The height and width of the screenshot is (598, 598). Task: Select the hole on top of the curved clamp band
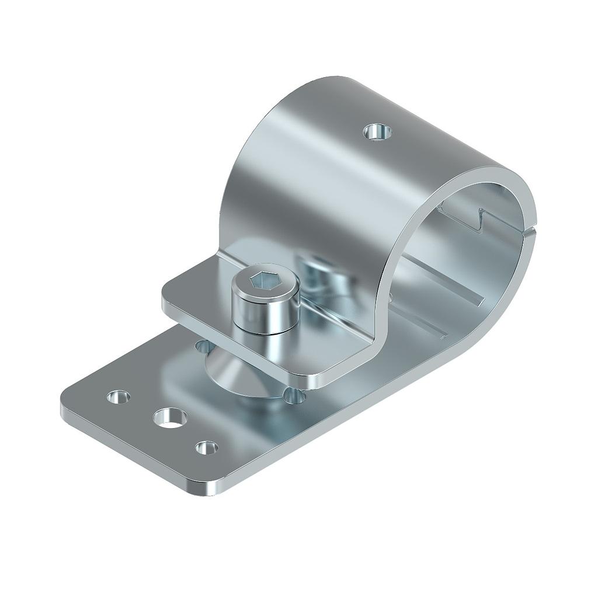click(x=377, y=132)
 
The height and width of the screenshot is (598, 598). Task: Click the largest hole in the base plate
click(x=170, y=417)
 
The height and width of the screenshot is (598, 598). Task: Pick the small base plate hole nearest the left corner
click(x=119, y=397)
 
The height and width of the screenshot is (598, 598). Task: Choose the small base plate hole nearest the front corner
click(x=206, y=448)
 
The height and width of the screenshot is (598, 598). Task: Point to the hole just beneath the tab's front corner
click(x=294, y=397)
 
